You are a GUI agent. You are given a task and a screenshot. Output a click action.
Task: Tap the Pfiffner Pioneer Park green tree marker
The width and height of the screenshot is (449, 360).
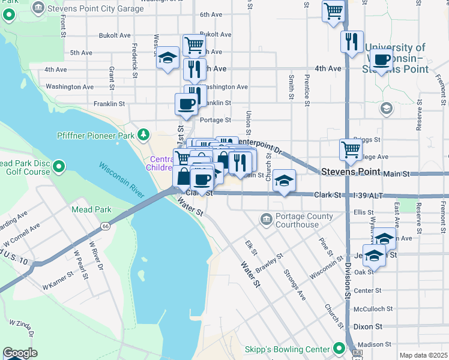143,135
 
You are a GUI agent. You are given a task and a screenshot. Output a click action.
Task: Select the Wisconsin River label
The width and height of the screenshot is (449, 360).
121,179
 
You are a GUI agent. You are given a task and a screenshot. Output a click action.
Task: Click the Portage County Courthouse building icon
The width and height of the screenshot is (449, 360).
266,220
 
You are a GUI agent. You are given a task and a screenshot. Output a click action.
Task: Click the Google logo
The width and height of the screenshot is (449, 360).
19,353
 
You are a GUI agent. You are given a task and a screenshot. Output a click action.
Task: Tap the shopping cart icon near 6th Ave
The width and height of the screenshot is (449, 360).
333,10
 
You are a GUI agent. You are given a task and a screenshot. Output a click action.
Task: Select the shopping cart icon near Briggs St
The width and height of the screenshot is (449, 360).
351,149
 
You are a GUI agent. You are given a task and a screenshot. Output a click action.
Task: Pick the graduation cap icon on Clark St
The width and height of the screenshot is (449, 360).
284,180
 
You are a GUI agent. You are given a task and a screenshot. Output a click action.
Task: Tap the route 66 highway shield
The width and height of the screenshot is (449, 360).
105,226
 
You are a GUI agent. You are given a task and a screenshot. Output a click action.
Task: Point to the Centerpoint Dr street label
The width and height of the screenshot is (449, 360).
259,145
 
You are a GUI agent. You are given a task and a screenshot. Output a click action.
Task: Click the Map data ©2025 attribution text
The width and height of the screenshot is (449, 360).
423,355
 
